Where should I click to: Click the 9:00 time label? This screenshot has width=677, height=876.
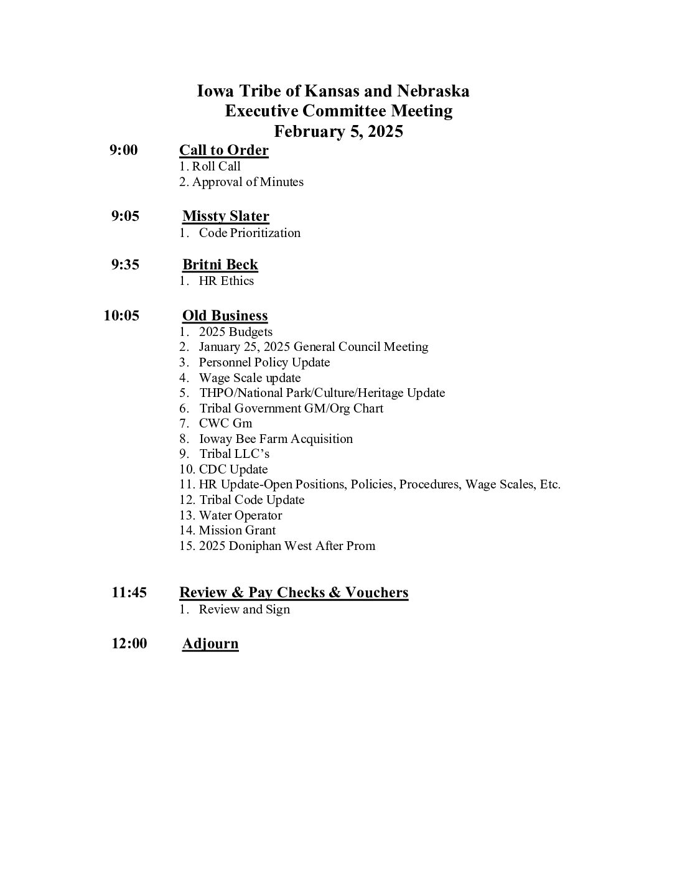click(x=123, y=150)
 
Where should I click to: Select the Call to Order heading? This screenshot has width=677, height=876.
click(x=223, y=150)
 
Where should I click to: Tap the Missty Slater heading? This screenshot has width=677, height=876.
click(x=225, y=216)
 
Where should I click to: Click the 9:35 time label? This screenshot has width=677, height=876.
click(x=125, y=264)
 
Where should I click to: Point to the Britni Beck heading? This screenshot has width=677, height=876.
click(x=220, y=264)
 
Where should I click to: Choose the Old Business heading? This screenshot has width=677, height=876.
click(x=225, y=315)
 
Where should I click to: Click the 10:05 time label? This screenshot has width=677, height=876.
click(x=121, y=315)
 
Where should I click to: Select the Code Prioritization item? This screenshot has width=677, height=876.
click(x=249, y=233)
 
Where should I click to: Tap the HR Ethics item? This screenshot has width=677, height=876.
click(x=226, y=281)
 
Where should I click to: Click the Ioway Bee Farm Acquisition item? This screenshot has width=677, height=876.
click(x=276, y=439)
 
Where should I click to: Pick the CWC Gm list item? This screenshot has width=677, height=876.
click(x=225, y=423)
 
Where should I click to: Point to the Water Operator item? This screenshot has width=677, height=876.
click(x=240, y=515)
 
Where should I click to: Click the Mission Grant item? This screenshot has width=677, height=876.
click(x=237, y=530)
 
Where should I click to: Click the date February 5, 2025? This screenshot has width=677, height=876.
click(x=338, y=131)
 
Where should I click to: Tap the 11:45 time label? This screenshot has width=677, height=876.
click(x=129, y=592)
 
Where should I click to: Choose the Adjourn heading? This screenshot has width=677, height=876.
click(x=210, y=643)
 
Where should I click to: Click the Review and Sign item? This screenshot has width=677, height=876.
click(x=244, y=609)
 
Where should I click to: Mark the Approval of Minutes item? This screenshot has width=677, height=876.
click(x=248, y=182)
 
